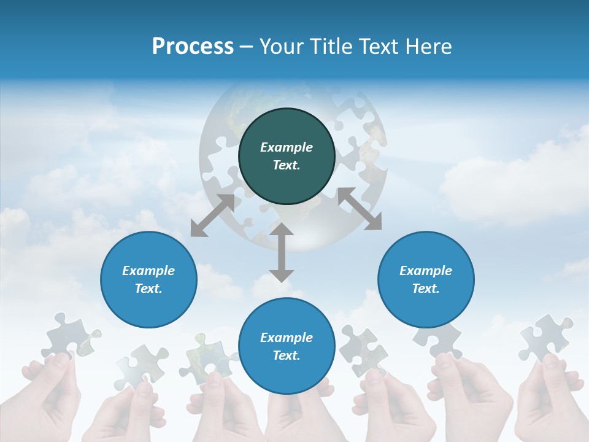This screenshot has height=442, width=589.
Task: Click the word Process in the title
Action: (x=193, y=47)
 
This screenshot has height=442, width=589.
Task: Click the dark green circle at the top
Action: (x=287, y=157)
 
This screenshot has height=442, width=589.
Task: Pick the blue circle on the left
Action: (x=148, y=279)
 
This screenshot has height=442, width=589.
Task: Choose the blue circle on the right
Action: (x=426, y=279)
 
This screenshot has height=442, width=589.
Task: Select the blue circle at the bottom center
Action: (x=287, y=346)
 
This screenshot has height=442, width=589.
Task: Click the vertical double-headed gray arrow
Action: (x=282, y=252)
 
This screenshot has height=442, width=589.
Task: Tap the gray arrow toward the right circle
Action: (x=360, y=209)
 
